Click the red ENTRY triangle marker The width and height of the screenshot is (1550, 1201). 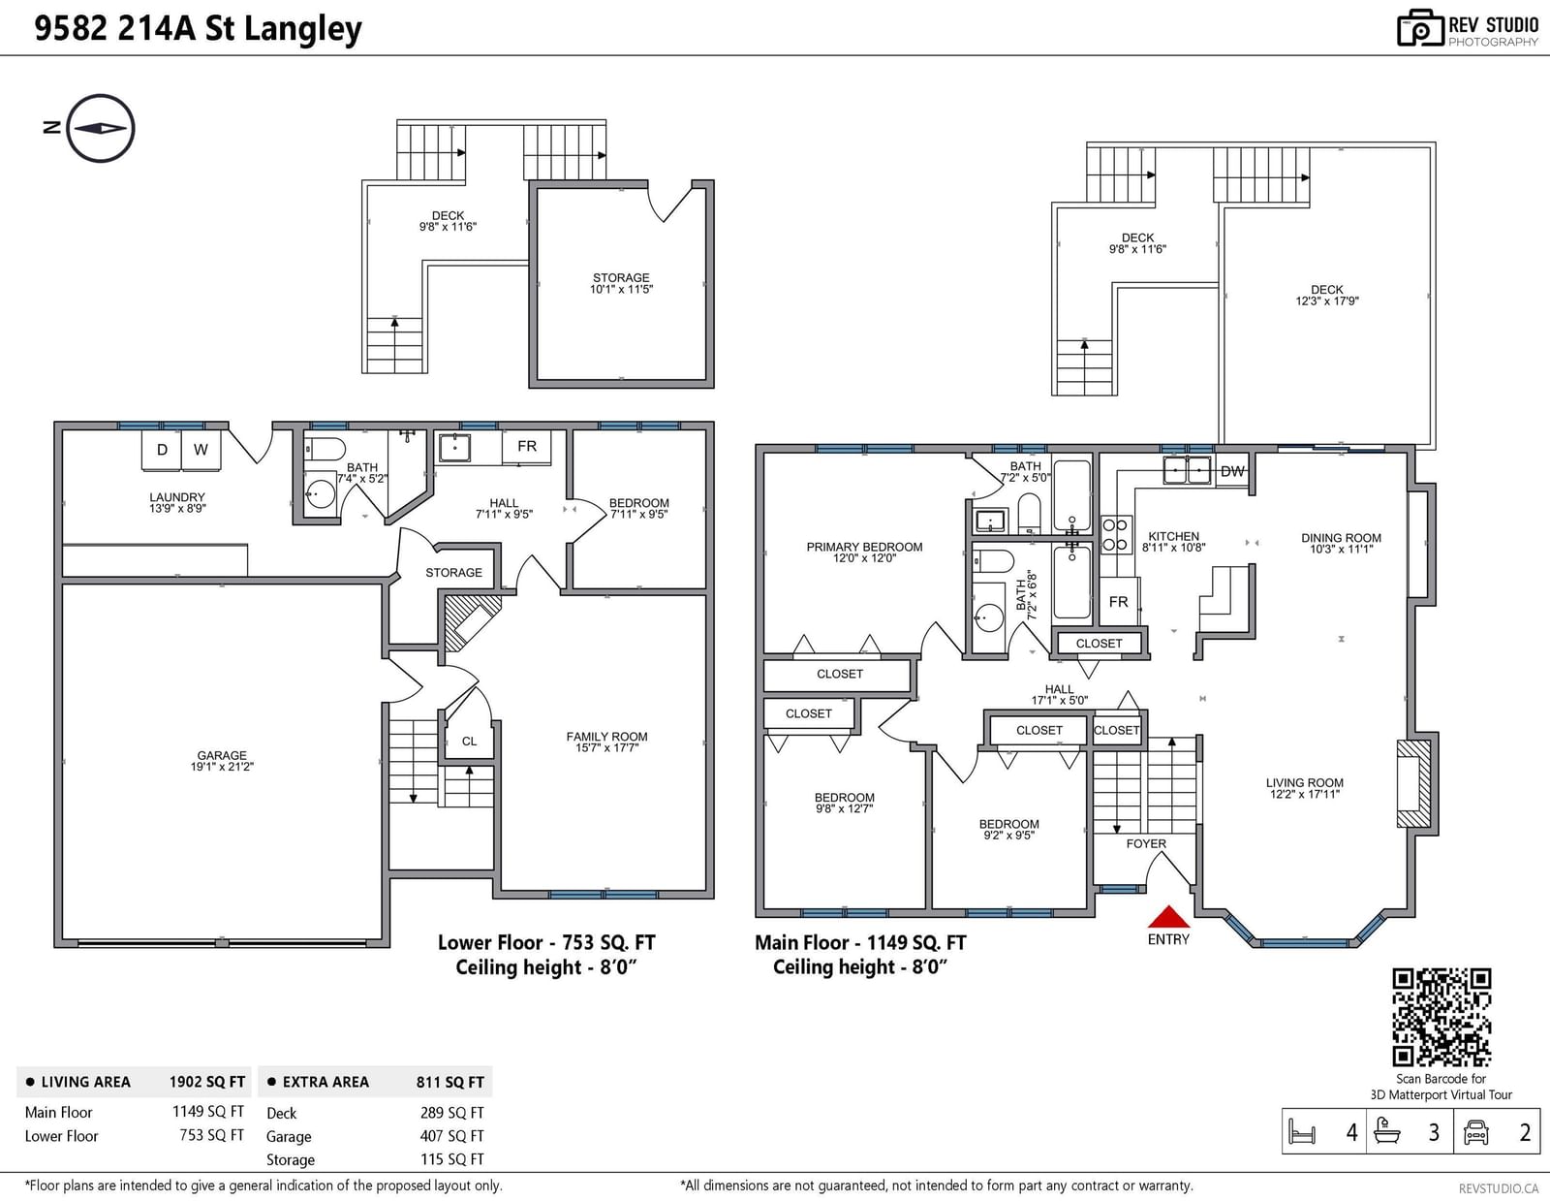click(x=1167, y=916)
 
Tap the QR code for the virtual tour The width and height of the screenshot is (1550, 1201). click(x=1441, y=1017)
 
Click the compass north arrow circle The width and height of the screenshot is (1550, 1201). click(x=101, y=129)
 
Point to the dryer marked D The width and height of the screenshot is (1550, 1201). click(x=162, y=451)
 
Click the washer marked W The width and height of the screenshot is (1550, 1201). click(x=201, y=451)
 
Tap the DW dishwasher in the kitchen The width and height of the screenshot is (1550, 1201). click(x=1232, y=471)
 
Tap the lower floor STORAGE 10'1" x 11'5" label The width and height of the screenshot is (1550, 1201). click(x=621, y=283)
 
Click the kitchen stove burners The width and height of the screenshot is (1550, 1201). click(x=1115, y=534)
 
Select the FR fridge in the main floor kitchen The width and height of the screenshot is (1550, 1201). click(x=1119, y=602)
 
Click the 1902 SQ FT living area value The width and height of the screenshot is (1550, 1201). click(x=207, y=1082)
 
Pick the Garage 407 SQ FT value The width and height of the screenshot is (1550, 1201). click(x=452, y=1136)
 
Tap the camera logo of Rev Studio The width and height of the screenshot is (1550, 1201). click(x=1419, y=28)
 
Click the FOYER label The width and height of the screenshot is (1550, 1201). click(x=1146, y=843)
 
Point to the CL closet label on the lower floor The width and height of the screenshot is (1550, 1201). click(x=469, y=742)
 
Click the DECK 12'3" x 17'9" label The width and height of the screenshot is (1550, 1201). click(x=1327, y=296)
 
